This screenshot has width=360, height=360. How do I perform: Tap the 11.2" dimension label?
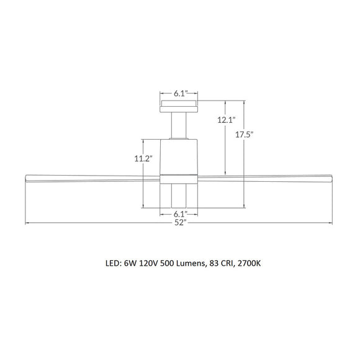pos(142,158)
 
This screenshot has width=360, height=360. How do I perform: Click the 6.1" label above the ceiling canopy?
pos(180,94)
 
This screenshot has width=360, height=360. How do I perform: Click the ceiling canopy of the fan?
pos(179,106)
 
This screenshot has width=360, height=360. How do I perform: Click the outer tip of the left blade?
pos(26,179)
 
